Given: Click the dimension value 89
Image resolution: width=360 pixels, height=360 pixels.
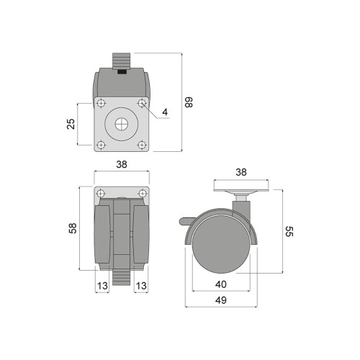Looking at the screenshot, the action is (189, 102).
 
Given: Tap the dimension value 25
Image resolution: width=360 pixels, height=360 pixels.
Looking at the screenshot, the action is (71, 124).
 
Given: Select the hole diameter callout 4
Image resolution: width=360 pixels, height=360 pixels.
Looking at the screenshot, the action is (165, 112).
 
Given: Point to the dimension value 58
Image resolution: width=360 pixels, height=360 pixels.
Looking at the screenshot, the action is (73, 228).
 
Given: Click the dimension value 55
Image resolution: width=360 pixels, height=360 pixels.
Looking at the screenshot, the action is (289, 231).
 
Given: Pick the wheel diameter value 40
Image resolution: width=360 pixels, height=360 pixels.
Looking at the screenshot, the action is (221, 284).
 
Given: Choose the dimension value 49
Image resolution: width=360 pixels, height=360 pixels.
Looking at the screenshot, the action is (221, 300).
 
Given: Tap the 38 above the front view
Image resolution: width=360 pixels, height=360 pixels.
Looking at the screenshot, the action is (122, 165).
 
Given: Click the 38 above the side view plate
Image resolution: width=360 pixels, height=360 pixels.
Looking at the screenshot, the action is (241, 172).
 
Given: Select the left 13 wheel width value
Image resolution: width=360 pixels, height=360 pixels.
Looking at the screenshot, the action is (102, 286).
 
